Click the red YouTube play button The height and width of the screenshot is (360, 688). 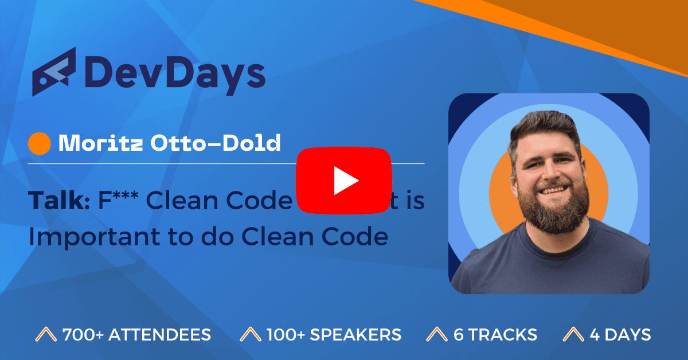point(343,181)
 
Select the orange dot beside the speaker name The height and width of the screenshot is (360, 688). point(40,144)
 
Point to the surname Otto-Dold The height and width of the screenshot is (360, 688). point(216,143)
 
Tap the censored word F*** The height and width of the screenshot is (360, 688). point(119,201)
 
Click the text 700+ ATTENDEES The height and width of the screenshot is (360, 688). point(136,335)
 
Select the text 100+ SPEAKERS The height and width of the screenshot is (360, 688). point(334,335)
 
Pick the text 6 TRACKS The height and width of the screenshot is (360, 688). point(495,335)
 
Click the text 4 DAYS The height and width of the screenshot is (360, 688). point(620,335)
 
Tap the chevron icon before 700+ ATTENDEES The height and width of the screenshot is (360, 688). point(45,335)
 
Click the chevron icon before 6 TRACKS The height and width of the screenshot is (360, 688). point(437,335)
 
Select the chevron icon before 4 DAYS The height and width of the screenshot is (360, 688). point(573,335)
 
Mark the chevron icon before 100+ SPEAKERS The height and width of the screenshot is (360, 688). point(249,335)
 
